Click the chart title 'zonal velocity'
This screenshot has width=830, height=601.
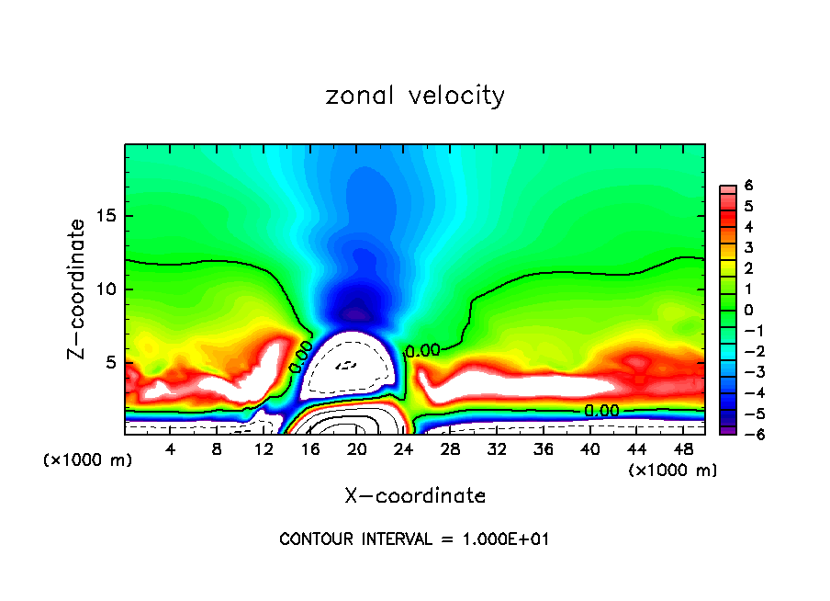tap(415, 95)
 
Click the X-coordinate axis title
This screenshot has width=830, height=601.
tap(415, 495)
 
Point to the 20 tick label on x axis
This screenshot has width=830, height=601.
tap(357, 449)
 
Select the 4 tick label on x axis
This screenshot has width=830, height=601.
tap(170, 449)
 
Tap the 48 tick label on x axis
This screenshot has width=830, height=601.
tap(685, 449)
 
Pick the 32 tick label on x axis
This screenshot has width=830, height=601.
tap(498, 449)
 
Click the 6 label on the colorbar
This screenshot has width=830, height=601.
tap(749, 186)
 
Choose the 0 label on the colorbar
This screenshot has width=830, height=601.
tap(749, 310)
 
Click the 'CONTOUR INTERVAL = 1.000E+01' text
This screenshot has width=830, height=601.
tap(415, 539)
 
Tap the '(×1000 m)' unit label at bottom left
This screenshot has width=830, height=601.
tap(88, 460)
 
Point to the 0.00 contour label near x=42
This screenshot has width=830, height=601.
tap(602, 411)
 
